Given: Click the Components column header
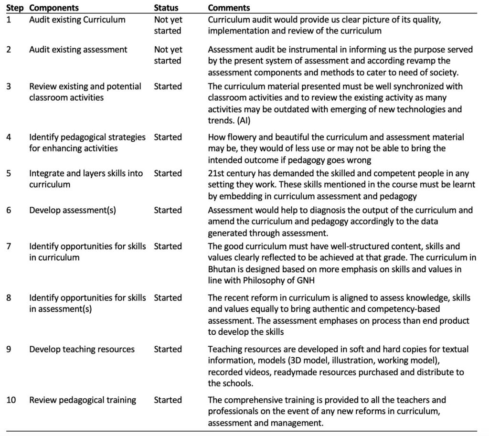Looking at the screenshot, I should (x=54, y=8).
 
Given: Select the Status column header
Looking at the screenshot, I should (x=166, y=8).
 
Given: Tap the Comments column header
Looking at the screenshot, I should (x=229, y=8).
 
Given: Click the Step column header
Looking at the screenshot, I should (x=15, y=8).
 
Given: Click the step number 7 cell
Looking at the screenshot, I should (x=9, y=246).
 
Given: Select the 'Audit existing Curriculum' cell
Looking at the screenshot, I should (x=77, y=20).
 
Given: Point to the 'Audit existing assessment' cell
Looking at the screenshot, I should (x=78, y=50).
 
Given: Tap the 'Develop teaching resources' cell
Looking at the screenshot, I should (x=82, y=349).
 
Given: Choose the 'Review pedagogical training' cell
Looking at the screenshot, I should (x=83, y=400).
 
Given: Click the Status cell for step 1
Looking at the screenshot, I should (x=168, y=25).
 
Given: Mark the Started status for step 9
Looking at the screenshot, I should (x=168, y=349).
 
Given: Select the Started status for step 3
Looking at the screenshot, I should (x=168, y=86).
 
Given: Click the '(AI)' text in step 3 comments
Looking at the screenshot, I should (x=240, y=120).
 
